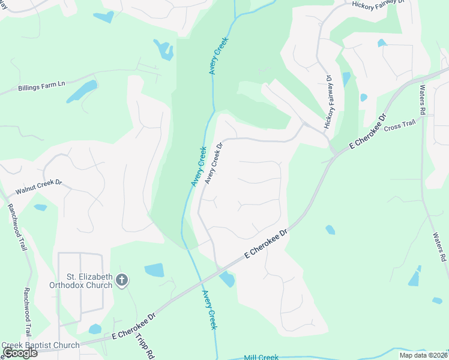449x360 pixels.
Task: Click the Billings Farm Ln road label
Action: point(41,85)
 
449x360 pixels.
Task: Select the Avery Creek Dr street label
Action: point(214,163)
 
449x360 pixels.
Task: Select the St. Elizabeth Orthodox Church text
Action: point(89,281)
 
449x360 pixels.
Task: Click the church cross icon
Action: point(122,280)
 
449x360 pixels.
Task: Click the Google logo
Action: point(19,353)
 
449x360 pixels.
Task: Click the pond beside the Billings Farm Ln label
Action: point(81,91)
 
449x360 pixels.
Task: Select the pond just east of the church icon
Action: point(154,271)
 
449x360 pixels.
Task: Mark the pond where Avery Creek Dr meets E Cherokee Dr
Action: point(227,279)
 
